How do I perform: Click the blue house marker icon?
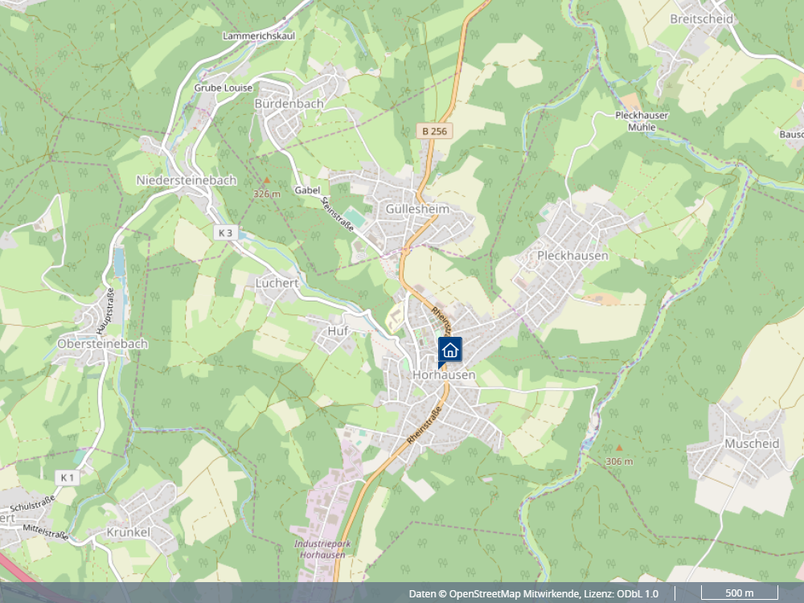tap(450, 349)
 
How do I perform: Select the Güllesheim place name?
tap(417, 209)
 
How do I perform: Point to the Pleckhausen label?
tap(572, 256)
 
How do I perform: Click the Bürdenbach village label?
tap(289, 104)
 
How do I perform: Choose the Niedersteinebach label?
tap(187, 180)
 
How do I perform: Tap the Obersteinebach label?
tap(103, 343)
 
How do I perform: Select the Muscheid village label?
tap(752, 443)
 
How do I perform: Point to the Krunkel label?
tap(129, 532)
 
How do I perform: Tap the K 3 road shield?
tap(226, 233)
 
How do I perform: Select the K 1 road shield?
tap(68, 478)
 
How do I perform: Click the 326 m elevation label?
tap(267, 194)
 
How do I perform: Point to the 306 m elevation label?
tap(619, 461)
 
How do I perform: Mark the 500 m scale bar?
tap(740, 593)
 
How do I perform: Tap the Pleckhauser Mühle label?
tap(642, 121)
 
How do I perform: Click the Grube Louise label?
tap(224, 88)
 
